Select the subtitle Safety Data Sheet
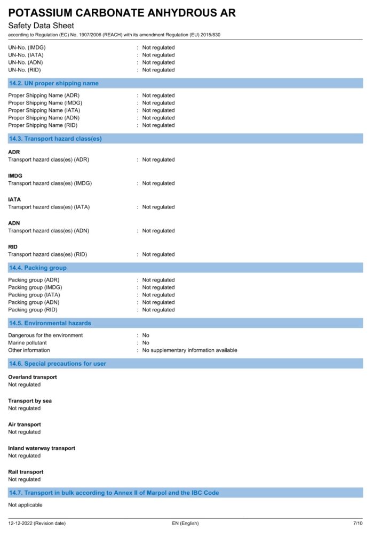[x=41, y=26]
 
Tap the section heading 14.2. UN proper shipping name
[x=54, y=83]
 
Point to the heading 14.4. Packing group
[x=38, y=268]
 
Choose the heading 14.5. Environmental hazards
[x=50, y=323]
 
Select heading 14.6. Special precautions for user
[x=58, y=364]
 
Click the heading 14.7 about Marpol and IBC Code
[x=114, y=493]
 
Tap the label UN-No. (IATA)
[x=25, y=55]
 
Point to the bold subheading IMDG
[x=15, y=175]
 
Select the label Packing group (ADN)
[x=34, y=302]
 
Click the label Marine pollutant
[x=27, y=343]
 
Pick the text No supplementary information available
[x=189, y=350]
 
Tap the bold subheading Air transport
[x=25, y=424]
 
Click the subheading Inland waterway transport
[x=42, y=448]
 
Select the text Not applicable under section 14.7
[x=25, y=505]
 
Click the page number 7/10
[x=357, y=524]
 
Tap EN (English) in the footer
[x=185, y=524]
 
